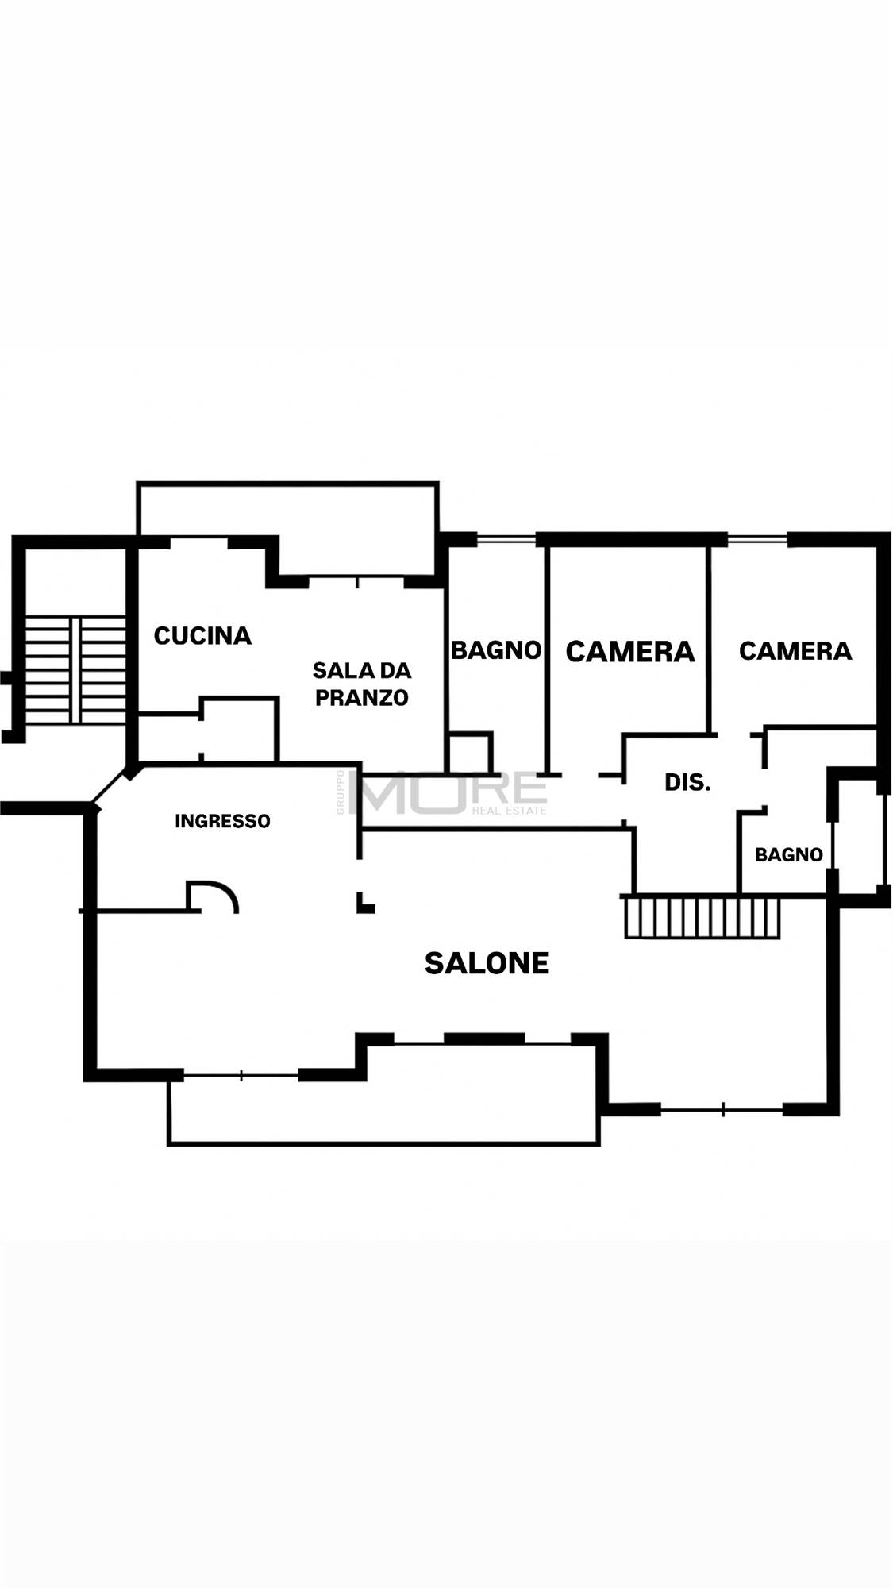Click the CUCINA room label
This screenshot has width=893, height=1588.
pyautogui.click(x=202, y=635)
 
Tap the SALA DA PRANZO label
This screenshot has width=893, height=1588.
pyautogui.click(x=362, y=684)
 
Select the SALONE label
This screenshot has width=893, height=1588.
pyautogui.click(x=487, y=963)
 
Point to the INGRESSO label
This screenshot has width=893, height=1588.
pyautogui.click(x=222, y=821)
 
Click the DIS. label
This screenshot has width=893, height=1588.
pyautogui.click(x=687, y=783)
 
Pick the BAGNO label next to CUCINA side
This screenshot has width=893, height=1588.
pyautogui.click(x=496, y=650)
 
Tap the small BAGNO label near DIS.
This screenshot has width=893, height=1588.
pyautogui.click(x=788, y=855)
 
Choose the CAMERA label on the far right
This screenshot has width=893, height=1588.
pyautogui.click(x=795, y=651)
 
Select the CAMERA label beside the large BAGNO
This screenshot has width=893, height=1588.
pyautogui.click(x=630, y=652)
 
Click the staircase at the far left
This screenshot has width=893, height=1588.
pyautogui.click(x=75, y=669)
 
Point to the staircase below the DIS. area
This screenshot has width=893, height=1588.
pyautogui.click(x=702, y=917)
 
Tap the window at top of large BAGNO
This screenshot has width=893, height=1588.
pyautogui.click(x=506, y=540)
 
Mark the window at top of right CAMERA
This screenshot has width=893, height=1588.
pyautogui.click(x=757, y=540)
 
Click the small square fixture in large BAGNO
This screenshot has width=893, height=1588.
pyautogui.click(x=470, y=751)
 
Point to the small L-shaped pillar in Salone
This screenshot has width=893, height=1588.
pyautogui.click(x=364, y=904)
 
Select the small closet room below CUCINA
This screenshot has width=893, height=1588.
pyautogui.click(x=238, y=730)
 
